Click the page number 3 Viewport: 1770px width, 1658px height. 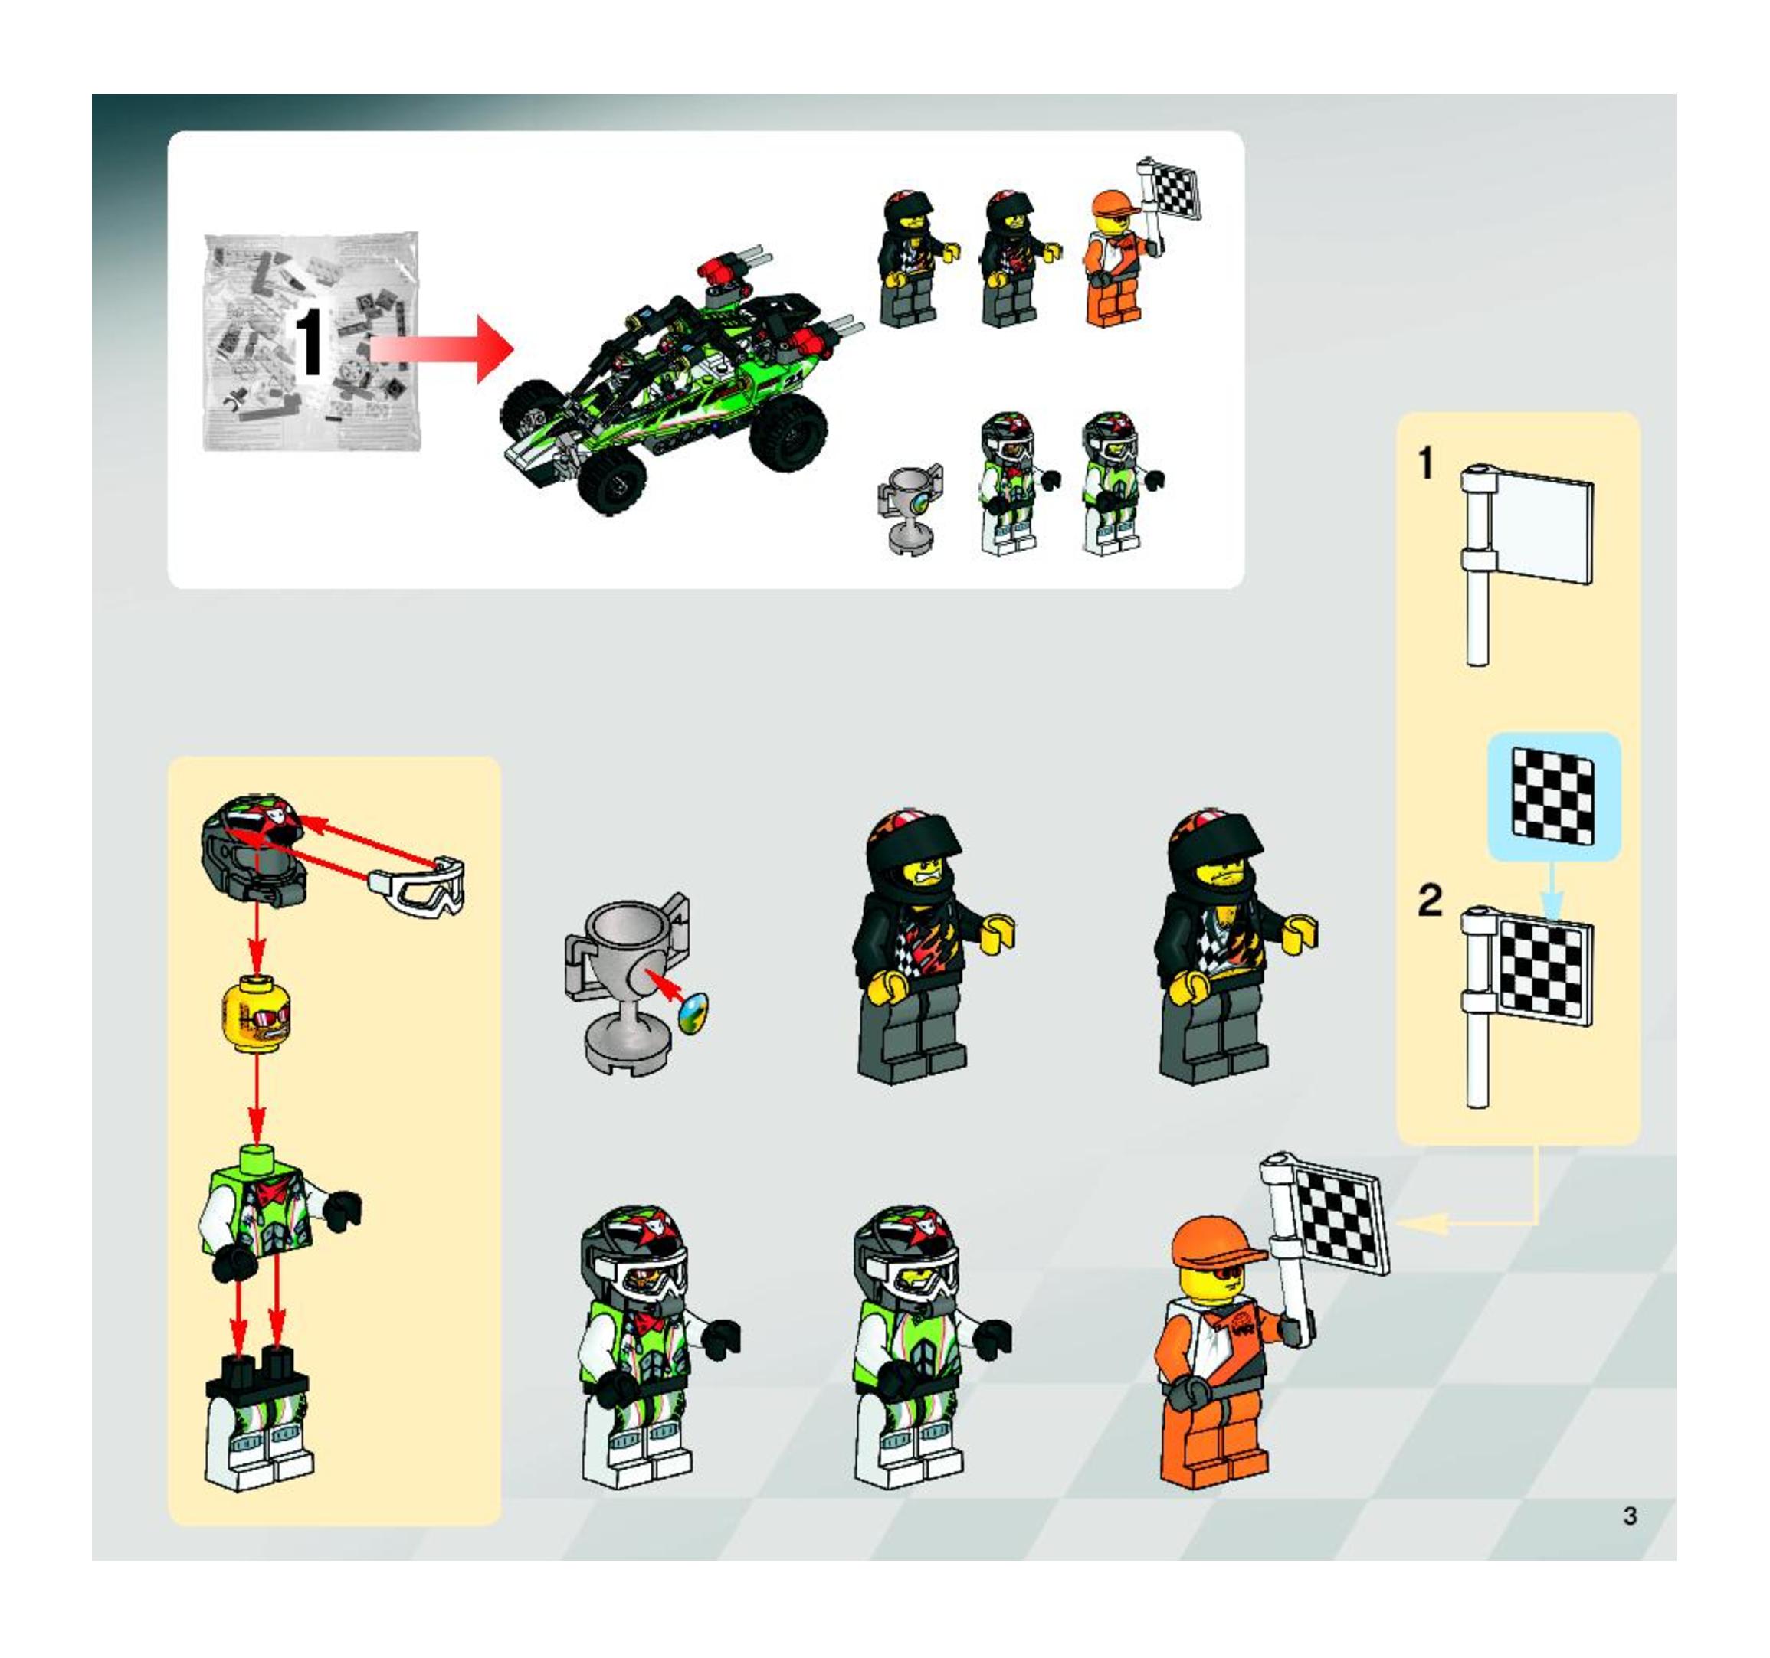pos(1629,1516)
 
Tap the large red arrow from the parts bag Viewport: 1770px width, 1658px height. pos(441,349)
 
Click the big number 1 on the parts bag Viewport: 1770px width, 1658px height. pos(310,342)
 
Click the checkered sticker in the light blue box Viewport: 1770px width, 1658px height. pos(1554,795)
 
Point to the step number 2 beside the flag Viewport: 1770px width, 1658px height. pos(1430,899)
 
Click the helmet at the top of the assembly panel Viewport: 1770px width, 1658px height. pos(254,845)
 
